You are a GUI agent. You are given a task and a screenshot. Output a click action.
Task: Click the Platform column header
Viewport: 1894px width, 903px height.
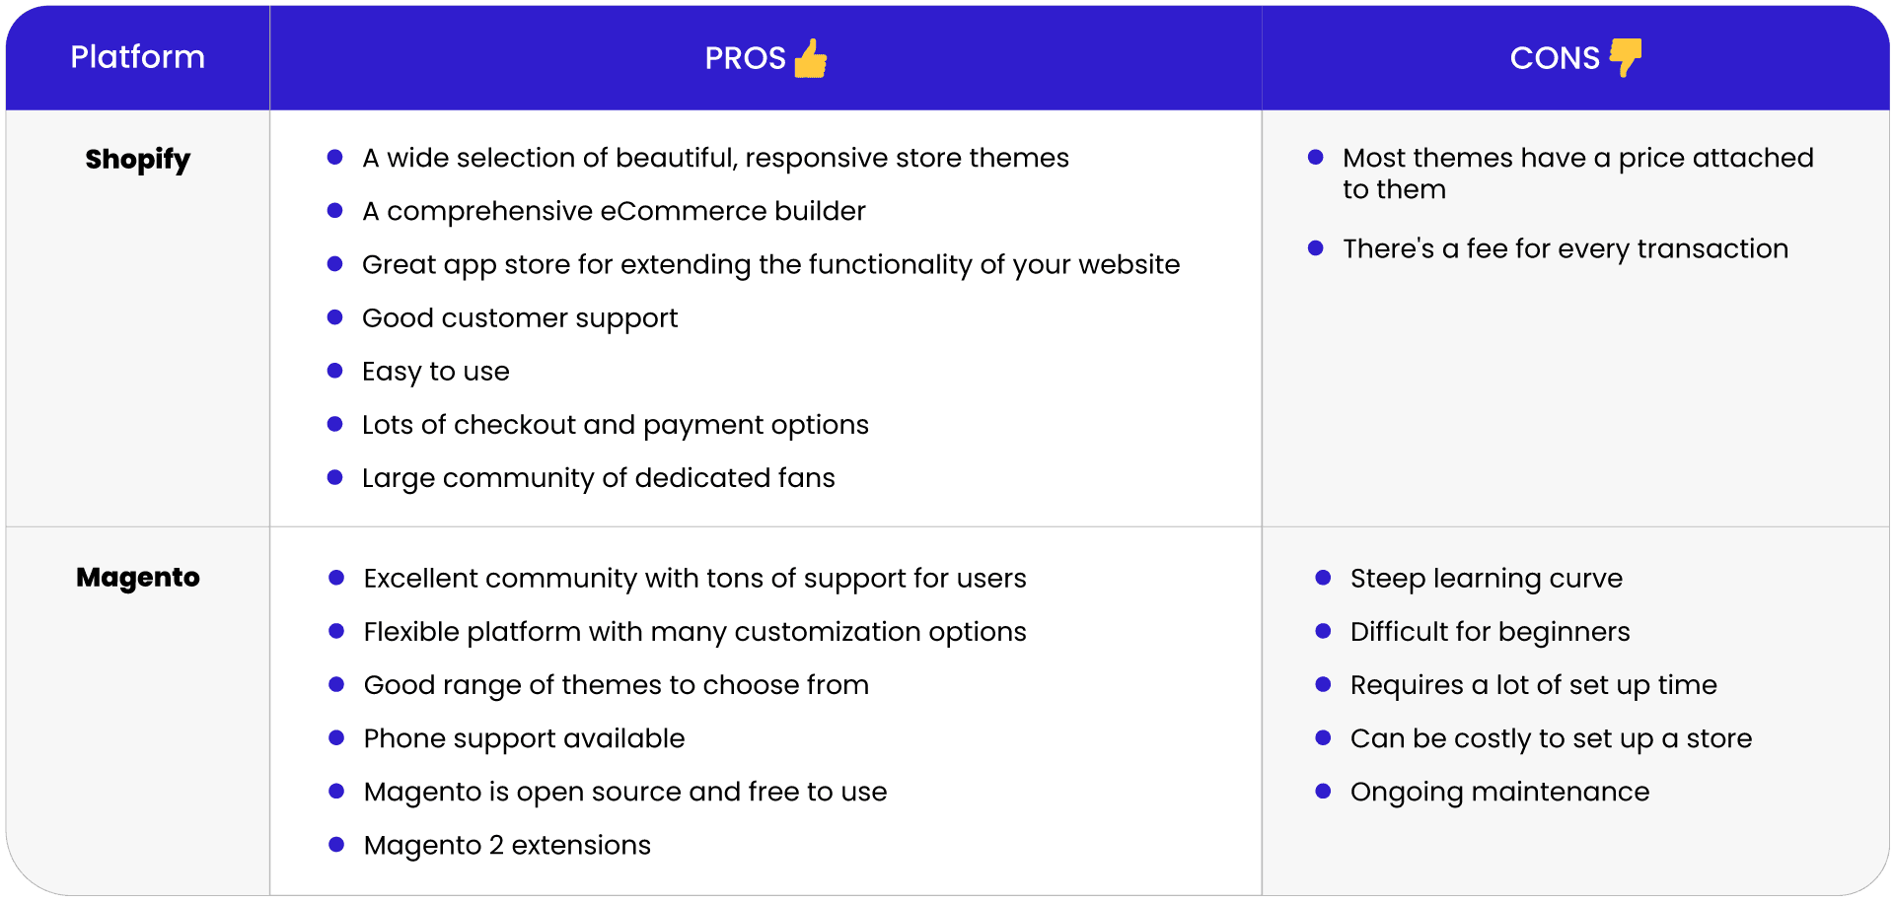tap(137, 57)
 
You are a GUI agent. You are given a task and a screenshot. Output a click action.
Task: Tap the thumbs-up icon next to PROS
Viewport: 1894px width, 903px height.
tap(811, 58)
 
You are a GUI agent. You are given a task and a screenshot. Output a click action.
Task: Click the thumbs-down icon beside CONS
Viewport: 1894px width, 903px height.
tap(1626, 57)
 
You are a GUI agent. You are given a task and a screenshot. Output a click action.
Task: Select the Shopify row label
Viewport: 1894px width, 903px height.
tap(137, 160)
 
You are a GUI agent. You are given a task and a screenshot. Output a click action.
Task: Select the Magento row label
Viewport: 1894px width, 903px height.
tap(137, 577)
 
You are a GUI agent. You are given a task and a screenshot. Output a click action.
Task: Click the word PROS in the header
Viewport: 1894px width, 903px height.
tap(745, 58)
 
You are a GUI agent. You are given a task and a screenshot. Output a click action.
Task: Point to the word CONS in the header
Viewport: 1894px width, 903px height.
tap(1555, 58)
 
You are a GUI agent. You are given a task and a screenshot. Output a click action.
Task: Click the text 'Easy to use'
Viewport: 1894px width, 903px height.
tap(435, 372)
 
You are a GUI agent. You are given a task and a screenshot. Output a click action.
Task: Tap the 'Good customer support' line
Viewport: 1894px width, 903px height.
tap(520, 318)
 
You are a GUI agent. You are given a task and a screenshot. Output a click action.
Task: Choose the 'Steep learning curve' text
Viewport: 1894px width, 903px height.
tap(1486, 579)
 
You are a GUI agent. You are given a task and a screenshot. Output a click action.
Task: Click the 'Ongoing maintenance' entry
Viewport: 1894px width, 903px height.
tap(1499, 792)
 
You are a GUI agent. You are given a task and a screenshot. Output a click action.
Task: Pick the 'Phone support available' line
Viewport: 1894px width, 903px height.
tap(524, 738)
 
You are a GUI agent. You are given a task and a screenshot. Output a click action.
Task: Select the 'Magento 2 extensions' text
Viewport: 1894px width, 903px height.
tap(507, 845)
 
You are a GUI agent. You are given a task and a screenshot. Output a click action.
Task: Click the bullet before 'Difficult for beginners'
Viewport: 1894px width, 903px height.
tap(1323, 631)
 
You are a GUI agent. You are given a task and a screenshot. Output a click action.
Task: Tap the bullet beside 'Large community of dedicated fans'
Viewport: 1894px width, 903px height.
tap(334, 477)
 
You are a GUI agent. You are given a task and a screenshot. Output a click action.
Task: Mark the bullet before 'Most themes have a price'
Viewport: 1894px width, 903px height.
tap(1315, 157)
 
